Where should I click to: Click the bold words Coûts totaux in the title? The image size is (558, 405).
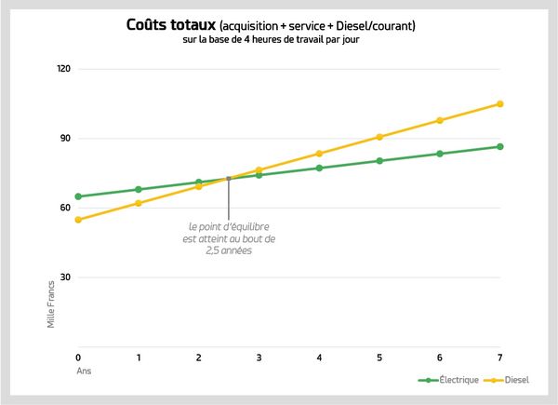(170, 25)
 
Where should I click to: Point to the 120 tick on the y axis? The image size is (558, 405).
(64, 70)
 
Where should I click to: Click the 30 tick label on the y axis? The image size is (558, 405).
(66, 277)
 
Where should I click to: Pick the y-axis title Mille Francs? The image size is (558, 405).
(52, 307)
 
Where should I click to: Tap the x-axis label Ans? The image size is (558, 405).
(82, 371)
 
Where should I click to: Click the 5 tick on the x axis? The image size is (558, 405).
(379, 358)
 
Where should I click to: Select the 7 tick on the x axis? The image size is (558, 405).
(499, 358)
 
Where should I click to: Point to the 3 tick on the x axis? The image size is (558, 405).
(259, 358)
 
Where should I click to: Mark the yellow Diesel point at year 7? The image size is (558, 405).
(499, 103)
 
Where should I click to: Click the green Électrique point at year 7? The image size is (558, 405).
(499, 146)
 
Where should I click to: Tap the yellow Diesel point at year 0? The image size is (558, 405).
(78, 220)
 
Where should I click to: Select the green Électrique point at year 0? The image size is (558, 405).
(78, 196)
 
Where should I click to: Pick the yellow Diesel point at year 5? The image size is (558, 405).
(379, 137)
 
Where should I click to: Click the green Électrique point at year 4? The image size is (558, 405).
(319, 168)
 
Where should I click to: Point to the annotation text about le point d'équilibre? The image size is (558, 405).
(229, 238)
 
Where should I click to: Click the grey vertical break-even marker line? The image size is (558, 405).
(229, 196)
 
